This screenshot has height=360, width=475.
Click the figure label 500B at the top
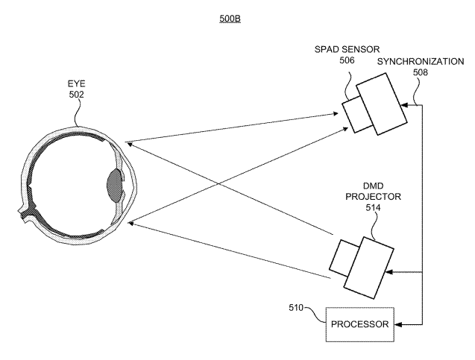pyautogui.click(x=229, y=17)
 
